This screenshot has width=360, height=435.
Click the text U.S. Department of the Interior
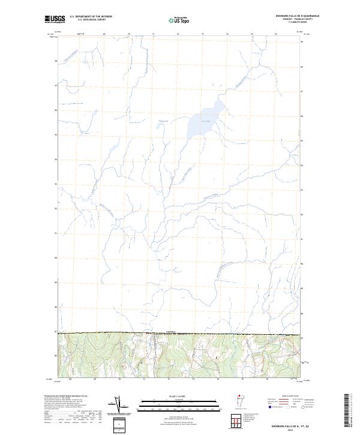pyautogui.click(x=91, y=16)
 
